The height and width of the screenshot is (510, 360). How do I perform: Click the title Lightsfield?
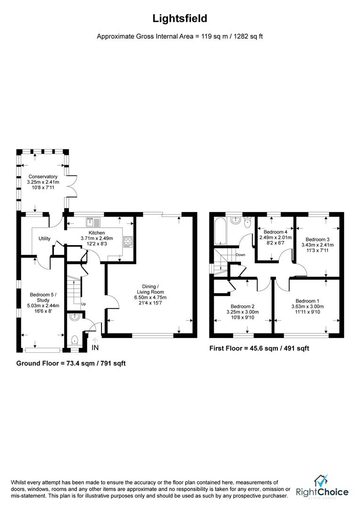click(x=180, y=18)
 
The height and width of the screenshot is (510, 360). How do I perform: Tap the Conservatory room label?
click(x=43, y=177)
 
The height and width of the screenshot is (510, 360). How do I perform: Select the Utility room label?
click(x=44, y=239)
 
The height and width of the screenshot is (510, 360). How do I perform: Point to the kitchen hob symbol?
click(x=128, y=241)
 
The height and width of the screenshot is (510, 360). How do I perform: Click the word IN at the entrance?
click(x=95, y=348)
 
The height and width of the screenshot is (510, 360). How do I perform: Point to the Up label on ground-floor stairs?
click(x=84, y=304)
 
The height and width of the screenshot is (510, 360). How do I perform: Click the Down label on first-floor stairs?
click(x=241, y=255)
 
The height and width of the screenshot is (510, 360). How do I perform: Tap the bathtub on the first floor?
click(x=220, y=231)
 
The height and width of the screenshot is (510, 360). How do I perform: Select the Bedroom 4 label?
click(x=276, y=232)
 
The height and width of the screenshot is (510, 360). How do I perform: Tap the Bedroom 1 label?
click(x=307, y=301)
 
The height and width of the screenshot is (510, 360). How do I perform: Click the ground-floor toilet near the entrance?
click(x=75, y=340)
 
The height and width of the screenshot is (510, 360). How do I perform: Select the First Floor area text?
click(x=259, y=348)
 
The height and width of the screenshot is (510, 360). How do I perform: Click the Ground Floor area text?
click(x=71, y=363)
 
